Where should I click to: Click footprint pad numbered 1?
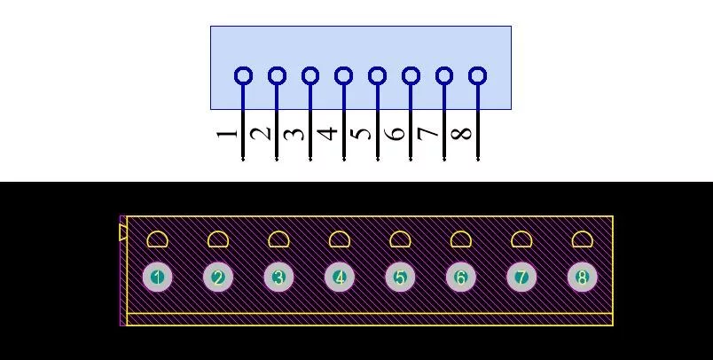tap(157, 277)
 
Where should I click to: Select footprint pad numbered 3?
tap(278, 277)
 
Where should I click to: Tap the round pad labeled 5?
tap(400, 277)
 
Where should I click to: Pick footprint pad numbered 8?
tap(583, 277)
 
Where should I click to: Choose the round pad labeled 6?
tap(460, 277)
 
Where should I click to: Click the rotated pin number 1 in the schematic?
tap(227, 133)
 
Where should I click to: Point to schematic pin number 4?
tap(327, 133)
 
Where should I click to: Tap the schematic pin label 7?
tap(428, 133)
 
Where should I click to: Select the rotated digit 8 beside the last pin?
tap(461, 133)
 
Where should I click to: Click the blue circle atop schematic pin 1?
tap(243, 67)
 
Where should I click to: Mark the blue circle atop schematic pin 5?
tap(378, 67)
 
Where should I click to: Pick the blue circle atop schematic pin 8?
tap(477, 67)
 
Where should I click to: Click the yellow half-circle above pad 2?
tap(218, 232)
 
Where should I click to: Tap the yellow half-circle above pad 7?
tap(521, 232)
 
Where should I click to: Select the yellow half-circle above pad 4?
tap(339, 232)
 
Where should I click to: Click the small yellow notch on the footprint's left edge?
tap(122, 232)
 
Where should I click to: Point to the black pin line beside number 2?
tap(277, 136)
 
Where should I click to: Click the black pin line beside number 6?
tap(411, 136)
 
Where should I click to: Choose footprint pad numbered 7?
tap(521, 277)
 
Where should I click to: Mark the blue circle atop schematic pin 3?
tap(310, 67)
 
